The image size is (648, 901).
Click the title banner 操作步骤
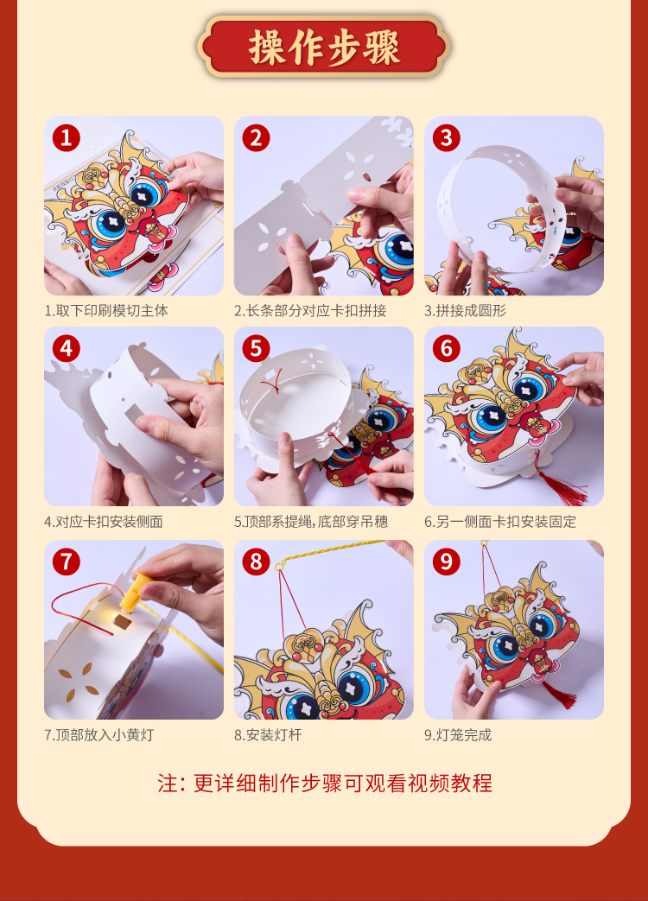[x=324, y=47]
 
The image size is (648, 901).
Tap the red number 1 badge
[x=67, y=138]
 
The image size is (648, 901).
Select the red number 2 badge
[x=257, y=138]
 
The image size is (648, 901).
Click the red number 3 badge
[x=447, y=138]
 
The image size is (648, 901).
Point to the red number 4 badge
[x=67, y=349]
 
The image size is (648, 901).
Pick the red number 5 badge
[x=257, y=349]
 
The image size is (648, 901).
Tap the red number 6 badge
[x=447, y=349]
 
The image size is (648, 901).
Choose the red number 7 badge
[x=67, y=562]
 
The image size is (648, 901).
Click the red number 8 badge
[x=257, y=562]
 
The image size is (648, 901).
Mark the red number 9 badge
[x=447, y=562]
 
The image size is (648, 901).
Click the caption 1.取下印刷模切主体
[x=106, y=311]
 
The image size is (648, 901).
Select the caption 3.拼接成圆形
[x=466, y=311]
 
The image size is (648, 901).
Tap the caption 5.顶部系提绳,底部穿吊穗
[x=311, y=522]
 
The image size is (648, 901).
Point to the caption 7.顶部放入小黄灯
[x=99, y=735]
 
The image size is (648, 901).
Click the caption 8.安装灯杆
[x=268, y=735]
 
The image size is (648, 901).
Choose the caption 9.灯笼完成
[x=458, y=735]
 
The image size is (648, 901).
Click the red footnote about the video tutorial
[x=325, y=784]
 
